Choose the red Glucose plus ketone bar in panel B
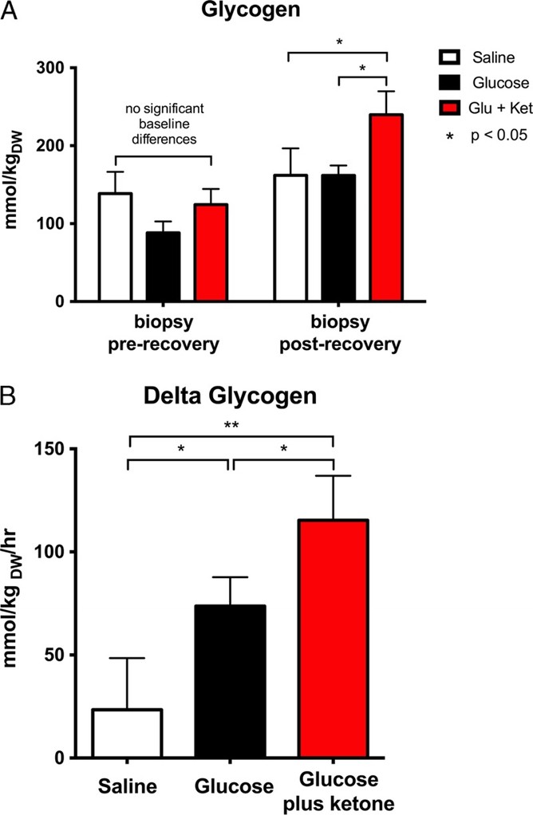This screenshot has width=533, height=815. [333, 638]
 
